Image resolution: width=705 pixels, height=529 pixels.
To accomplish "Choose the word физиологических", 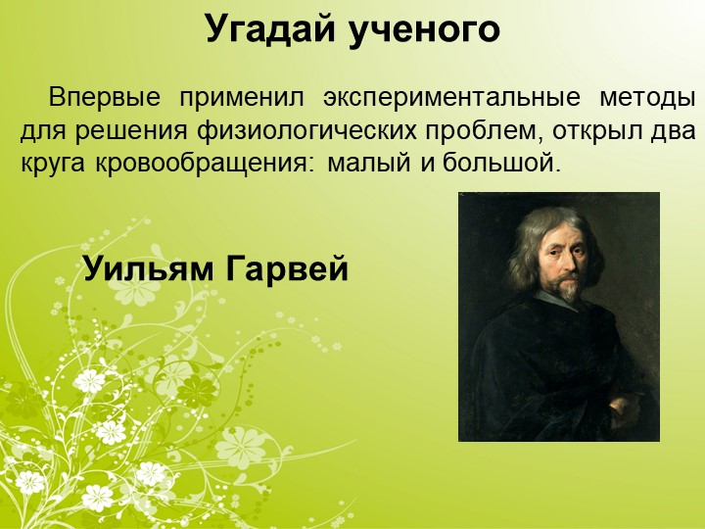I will click(x=308, y=131).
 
